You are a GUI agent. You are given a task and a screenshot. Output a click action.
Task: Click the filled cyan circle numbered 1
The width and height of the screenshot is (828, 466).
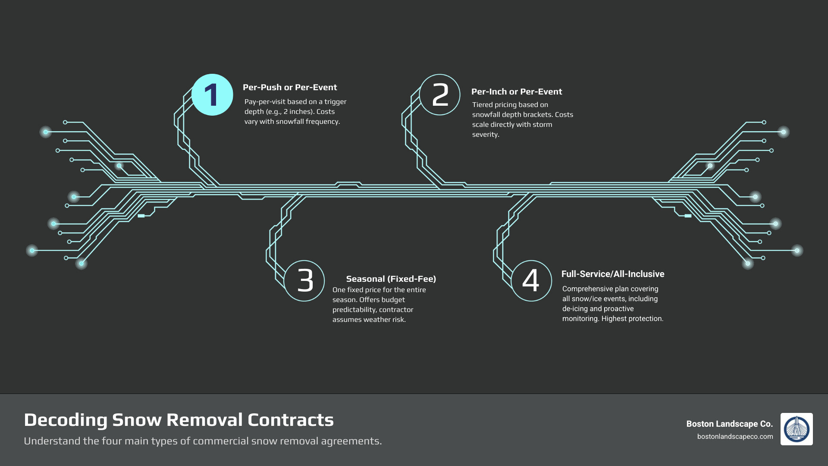pyautogui.click(x=212, y=95)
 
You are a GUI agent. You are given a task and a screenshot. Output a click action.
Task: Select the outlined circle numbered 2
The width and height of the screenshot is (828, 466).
pyautogui.click(x=439, y=95)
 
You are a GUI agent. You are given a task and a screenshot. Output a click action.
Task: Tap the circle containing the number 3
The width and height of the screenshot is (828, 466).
pyautogui.click(x=304, y=281)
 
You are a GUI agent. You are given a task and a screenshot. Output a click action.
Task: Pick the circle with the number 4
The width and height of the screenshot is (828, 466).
pyautogui.click(x=531, y=281)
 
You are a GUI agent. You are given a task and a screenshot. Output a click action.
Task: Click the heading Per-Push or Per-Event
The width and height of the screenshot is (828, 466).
pyautogui.click(x=290, y=88)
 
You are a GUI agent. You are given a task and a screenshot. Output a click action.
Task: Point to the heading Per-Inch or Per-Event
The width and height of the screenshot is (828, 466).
pyautogui.click(x=516, y=92)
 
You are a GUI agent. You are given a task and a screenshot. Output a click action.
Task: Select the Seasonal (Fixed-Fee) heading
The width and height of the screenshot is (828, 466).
pyautogui.click(x=391, y=279)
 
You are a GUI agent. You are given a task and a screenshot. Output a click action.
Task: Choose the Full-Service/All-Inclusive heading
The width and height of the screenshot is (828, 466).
pyautogui.click(x=612, y=274)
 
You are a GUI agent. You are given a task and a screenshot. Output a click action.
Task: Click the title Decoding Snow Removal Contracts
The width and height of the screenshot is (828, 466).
pyautogui.click(x=179, y=420)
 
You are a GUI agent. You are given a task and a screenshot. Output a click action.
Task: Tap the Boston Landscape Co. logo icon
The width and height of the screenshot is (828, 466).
pyautogui.click(x=796, y=429)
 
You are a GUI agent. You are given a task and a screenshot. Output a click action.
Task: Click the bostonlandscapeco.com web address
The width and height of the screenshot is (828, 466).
pyautogui.click(x=735, y=437)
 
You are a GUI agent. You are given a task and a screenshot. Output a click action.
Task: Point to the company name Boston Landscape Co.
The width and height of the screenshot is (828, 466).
pyautogui.click(x=729, y=424)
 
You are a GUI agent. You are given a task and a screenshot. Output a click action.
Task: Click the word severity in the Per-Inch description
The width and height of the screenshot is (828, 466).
pyautogui.click(x=485, y=135)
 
